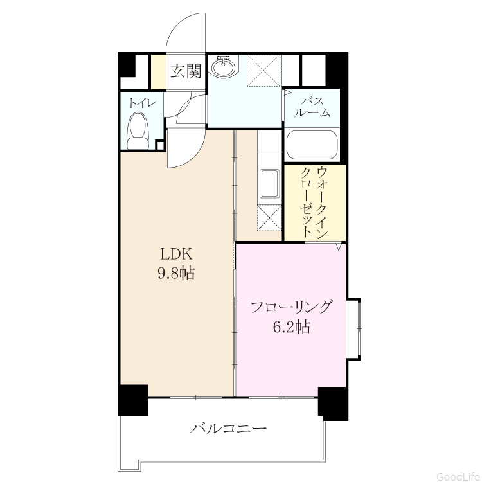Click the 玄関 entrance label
[x=186, y=71]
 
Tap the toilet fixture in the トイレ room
[x=138, y=130]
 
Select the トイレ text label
[x=141, y=103]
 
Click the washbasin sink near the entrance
[x=224, y=66]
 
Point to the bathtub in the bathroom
[x=312, y=145]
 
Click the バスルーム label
[x=312, y=107]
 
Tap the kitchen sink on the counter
[x=269, y=184]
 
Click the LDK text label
[x=177, y=254]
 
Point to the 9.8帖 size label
[x=176, y=273]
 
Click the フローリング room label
[x=291, y=307]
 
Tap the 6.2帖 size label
[x=291, y=326]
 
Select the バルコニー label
[x=228, y=428]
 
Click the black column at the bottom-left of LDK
[x=134, y=400]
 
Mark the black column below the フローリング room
[x=334, y=404]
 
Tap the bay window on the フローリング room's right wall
[x=353, y=329]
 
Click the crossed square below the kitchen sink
[x=269, y=218]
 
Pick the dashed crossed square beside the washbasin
[x=264, y=71]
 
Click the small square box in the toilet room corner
[x=159, y=145]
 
